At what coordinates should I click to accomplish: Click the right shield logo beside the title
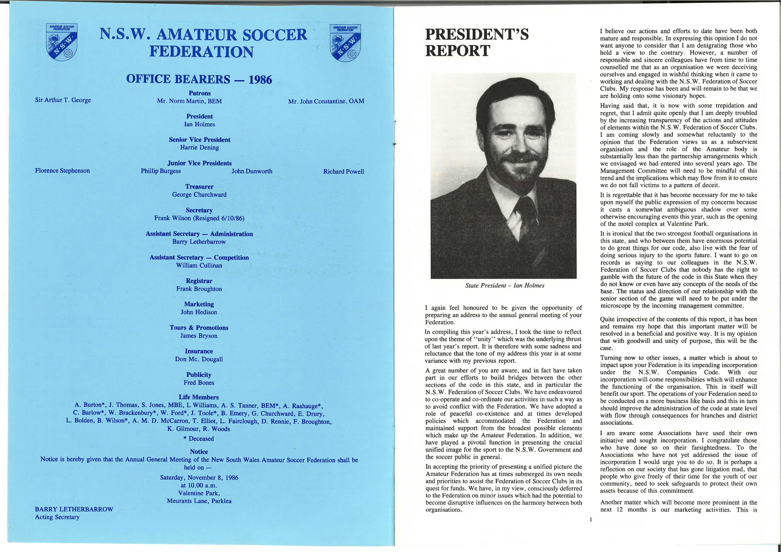tap(345, 43)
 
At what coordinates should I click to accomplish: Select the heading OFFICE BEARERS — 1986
tap(199, 79)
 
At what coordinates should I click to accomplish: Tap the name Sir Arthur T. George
tap(63, 100)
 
